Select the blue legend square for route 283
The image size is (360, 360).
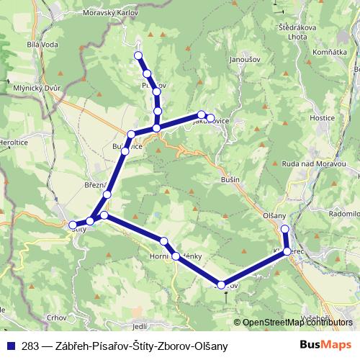coord(12,346)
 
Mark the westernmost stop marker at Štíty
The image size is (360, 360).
coord(72,225)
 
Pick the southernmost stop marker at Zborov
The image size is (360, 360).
coord(221,285)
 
